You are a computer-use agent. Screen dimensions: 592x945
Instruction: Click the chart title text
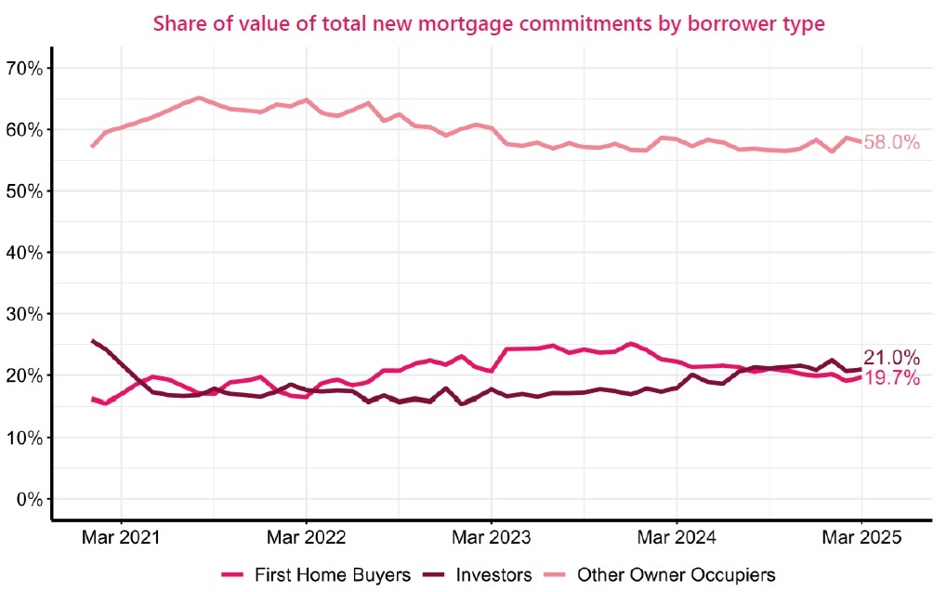tap(488, 23)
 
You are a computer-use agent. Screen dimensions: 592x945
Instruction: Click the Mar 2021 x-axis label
tap(121, 538)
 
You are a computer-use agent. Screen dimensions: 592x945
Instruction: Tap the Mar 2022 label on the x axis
tap(306, 538)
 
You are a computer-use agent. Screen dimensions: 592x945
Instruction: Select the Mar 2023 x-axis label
tap(491, 538)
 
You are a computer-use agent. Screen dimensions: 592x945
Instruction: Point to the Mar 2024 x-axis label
tap(676, 538)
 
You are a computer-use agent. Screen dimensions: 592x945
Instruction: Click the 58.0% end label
tap(891, 143)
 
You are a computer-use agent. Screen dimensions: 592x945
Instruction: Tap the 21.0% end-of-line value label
tap(891, 358)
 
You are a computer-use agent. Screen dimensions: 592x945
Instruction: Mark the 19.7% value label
tap(891, 378)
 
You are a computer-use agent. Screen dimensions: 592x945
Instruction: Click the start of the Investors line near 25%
tap(92, 341)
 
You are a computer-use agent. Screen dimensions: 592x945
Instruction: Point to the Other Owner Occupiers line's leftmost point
tap(91, 146)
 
